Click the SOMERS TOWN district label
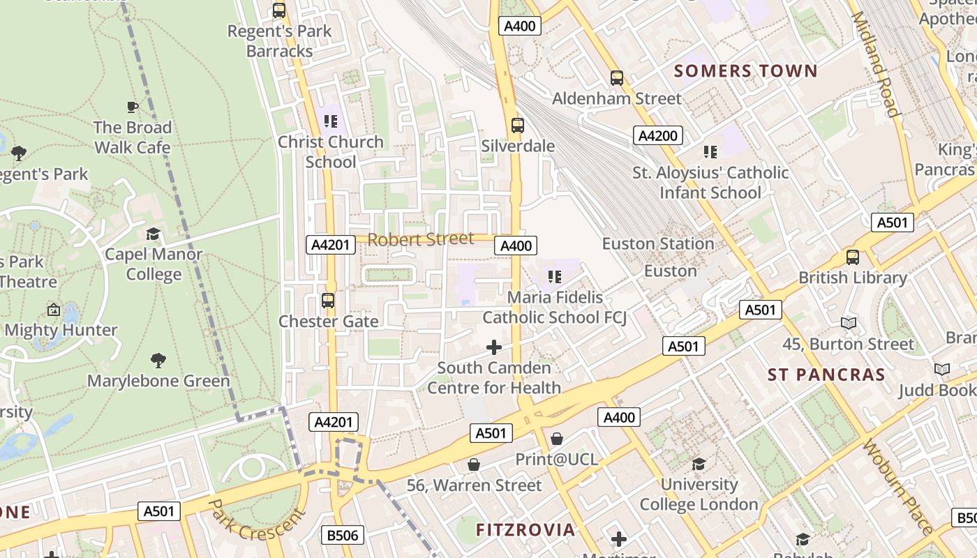(x=745, y=71)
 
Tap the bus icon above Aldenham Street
(x=616, y=77)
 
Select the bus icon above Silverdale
(x=517, y=126)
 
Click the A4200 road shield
(x=657, y=135)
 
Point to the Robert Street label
(x=420, y=240)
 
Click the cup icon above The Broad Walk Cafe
(x=133, y=107)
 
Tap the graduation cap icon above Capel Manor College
(x=153, y=234)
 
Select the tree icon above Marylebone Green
(x=158, y=361)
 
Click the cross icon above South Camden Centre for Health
(x=494, y=347)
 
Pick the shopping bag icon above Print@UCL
(x=556, y=439)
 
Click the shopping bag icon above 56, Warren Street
(x=474, y=465)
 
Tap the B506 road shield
(x=343, y=535)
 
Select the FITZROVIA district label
(x=525, y=529)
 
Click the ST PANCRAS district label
(x=826, y=375)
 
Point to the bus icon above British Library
(x=852, y=257)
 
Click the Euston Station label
(x=657, y=244)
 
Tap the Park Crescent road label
(x=257, y=519)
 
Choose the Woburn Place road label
(x=897, y=486)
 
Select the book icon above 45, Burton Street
(x=848, y=323)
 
